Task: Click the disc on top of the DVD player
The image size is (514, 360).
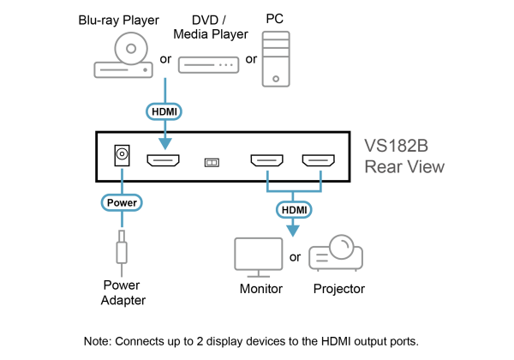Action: click(131, 48)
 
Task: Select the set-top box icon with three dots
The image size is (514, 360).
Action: click(208, 64)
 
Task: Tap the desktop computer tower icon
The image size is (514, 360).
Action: click(275, 58)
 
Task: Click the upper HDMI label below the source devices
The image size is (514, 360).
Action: click(164, 111)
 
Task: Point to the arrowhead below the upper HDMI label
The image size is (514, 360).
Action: click(164, 143)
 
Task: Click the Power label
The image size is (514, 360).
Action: click(122, 202)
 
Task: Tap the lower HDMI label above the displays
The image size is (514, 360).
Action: click(293, 209)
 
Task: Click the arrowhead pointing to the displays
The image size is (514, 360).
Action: click(293, 230)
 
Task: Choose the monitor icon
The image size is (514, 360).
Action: click(259, 255)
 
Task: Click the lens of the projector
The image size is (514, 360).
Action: click(342, 248)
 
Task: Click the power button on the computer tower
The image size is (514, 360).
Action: click(275, 79)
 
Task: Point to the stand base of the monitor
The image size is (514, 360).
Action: click(259, 275)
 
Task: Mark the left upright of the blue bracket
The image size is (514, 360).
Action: click(267, 180)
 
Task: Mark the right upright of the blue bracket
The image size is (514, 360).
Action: click(320, 180)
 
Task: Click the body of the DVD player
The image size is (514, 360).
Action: click(123, 69)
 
